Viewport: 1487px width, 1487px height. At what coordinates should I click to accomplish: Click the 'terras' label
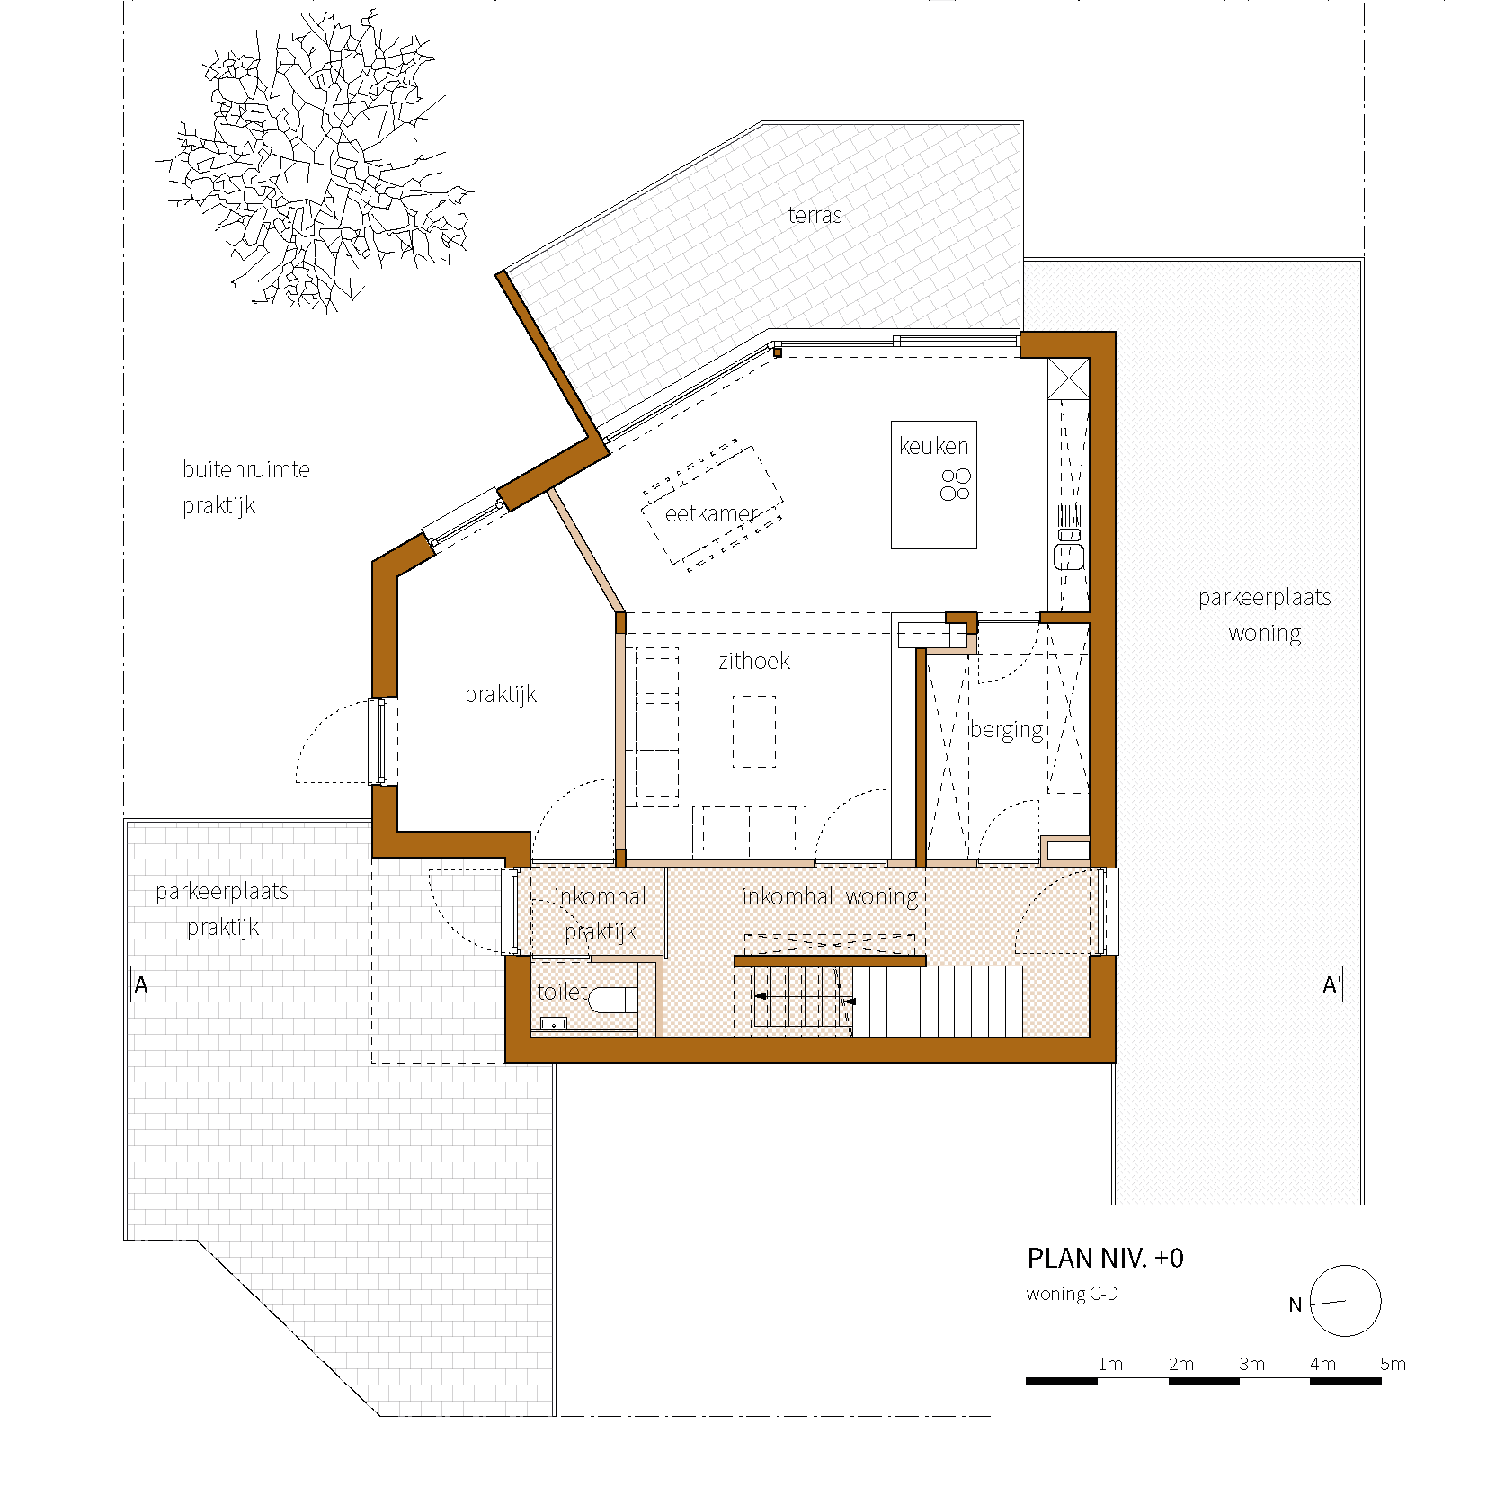coord(815,215)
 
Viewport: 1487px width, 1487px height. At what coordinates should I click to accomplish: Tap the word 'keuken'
coord(934,446)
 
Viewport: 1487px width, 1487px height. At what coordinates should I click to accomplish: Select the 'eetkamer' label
coord(711,513)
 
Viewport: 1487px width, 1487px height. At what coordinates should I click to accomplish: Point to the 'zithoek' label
coord(754,661)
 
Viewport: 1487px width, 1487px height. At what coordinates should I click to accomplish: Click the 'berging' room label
coord(1007,730)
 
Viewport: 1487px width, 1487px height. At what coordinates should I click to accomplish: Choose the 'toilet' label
coord(562,992)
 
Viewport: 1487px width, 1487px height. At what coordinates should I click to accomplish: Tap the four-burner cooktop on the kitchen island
coord(956,484)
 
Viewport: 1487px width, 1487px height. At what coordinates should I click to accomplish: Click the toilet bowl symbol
coord(613,1000)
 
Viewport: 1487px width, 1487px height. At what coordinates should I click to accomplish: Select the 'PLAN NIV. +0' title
coord(1105,1258)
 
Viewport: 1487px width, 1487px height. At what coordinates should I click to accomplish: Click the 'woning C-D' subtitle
coord(1072,1294)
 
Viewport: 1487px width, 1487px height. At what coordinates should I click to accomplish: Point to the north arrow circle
coord(1345,1301)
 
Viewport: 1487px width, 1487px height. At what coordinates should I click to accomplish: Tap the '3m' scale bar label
coord(1251,1364)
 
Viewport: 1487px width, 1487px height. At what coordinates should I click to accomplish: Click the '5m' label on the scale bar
coord(1393,1364)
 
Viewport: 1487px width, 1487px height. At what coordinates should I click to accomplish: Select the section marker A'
coord(1331,985)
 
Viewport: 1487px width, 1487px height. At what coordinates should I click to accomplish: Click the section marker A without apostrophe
coord(141,985)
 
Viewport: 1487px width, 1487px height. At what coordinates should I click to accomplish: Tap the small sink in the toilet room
coord(553,1023)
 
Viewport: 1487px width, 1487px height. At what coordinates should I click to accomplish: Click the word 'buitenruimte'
coord(246,469)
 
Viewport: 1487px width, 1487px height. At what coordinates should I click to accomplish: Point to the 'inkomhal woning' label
coord(830,896)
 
